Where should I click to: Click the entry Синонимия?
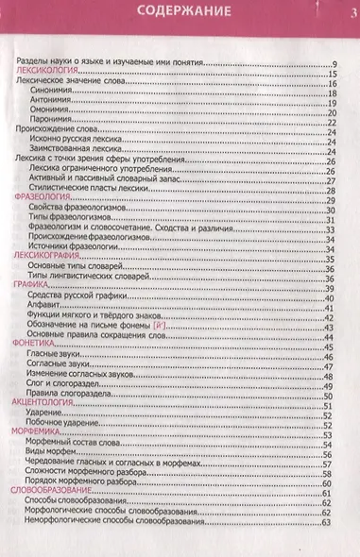(54, 93)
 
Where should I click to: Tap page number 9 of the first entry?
(334, 62)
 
